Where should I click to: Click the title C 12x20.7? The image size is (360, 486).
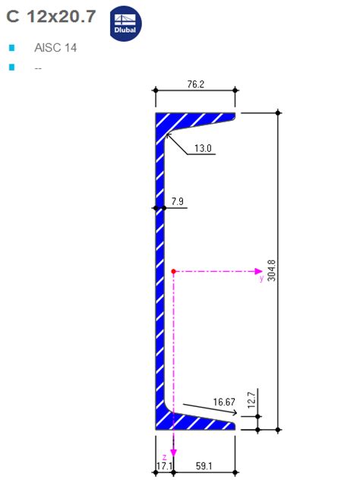(52, 17)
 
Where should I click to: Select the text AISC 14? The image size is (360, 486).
(55, 48)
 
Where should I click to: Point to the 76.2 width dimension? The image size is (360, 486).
(195, 84)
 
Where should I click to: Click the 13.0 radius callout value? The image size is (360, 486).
(203, 148)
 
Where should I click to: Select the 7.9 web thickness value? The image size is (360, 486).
(178, 201)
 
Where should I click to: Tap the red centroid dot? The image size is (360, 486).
(174, 270)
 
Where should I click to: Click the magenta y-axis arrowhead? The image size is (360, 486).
(259, 270)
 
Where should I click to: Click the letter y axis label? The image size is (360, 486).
(261, 279)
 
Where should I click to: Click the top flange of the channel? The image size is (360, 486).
(197, 118)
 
